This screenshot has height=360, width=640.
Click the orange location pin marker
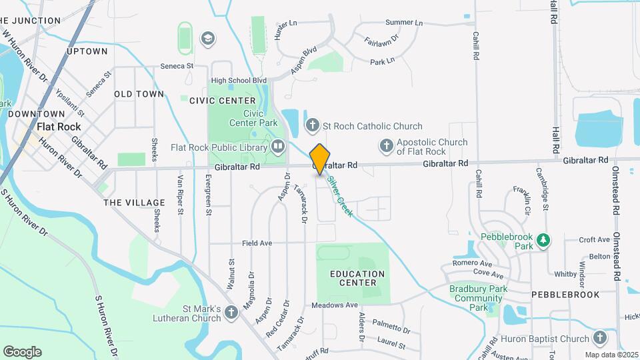(x=320, y=159)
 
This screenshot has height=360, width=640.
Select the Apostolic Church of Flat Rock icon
(x=386, y=145)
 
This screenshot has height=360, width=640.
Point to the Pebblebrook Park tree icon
(x=543, y=240)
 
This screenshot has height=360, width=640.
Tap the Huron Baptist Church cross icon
(x=599, y=338)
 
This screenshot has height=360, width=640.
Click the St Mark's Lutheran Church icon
(x=231, y=312)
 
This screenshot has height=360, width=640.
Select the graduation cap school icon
(x=207, y=38)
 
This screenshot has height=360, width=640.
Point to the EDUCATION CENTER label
(x=357, y=278)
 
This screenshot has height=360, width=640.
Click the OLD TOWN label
(x=139, y=94)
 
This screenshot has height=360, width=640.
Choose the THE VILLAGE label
(x=134, y=203)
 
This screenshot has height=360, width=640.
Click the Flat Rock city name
(x=59, y=127)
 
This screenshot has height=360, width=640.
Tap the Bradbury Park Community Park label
(x=478, y=298)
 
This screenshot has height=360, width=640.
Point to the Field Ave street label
(x=257, y=243)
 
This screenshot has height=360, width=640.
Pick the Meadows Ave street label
(x=335, y=305)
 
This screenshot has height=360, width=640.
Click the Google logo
(x=22, y=352)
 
